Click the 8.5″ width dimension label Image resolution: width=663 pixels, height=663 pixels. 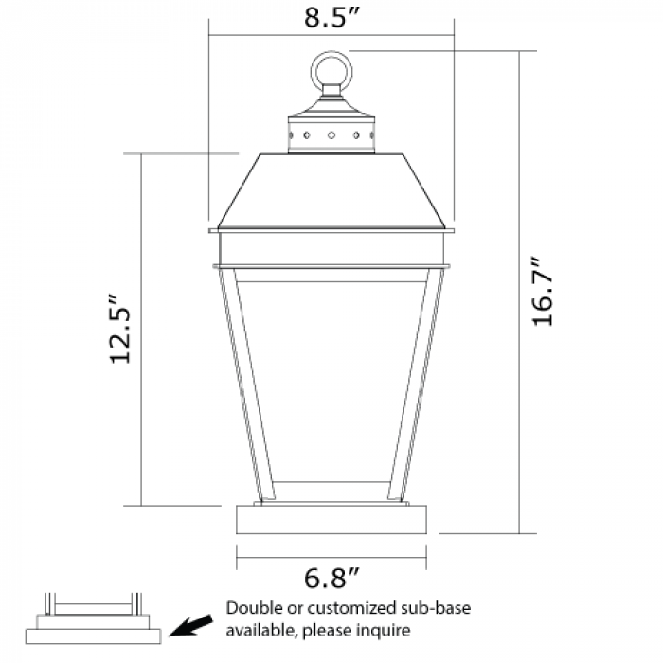[331, 17]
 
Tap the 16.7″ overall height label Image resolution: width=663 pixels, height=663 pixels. [542, 291]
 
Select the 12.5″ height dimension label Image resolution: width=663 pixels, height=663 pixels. [119, 328]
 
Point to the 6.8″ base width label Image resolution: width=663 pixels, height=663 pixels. [331, 578]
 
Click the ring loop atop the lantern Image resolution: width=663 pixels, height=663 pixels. [331, 52]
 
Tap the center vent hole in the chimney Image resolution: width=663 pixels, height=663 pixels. [331, 135]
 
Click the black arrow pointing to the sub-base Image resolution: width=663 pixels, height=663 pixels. [190, 625]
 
